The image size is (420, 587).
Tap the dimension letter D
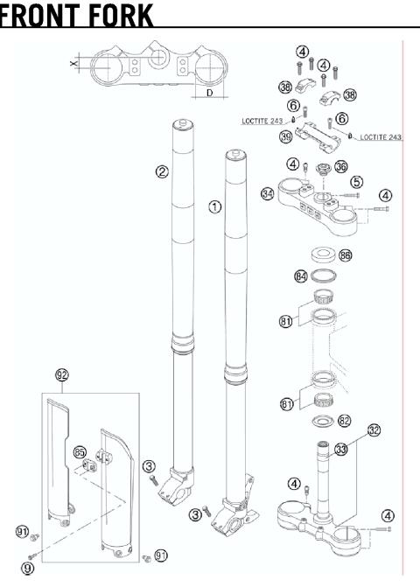[x=209, y=91]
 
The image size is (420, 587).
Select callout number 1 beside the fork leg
[x=214, y=206]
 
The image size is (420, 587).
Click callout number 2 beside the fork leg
[x=162, y=171]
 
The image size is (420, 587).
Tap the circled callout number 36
[x=341, y=165]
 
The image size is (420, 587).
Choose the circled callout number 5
[x=356, y=181]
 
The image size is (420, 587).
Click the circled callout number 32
[x=374, y=430]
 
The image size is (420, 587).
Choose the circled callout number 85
[x=80, y=453]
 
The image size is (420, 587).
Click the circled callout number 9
[x=29, y=567]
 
